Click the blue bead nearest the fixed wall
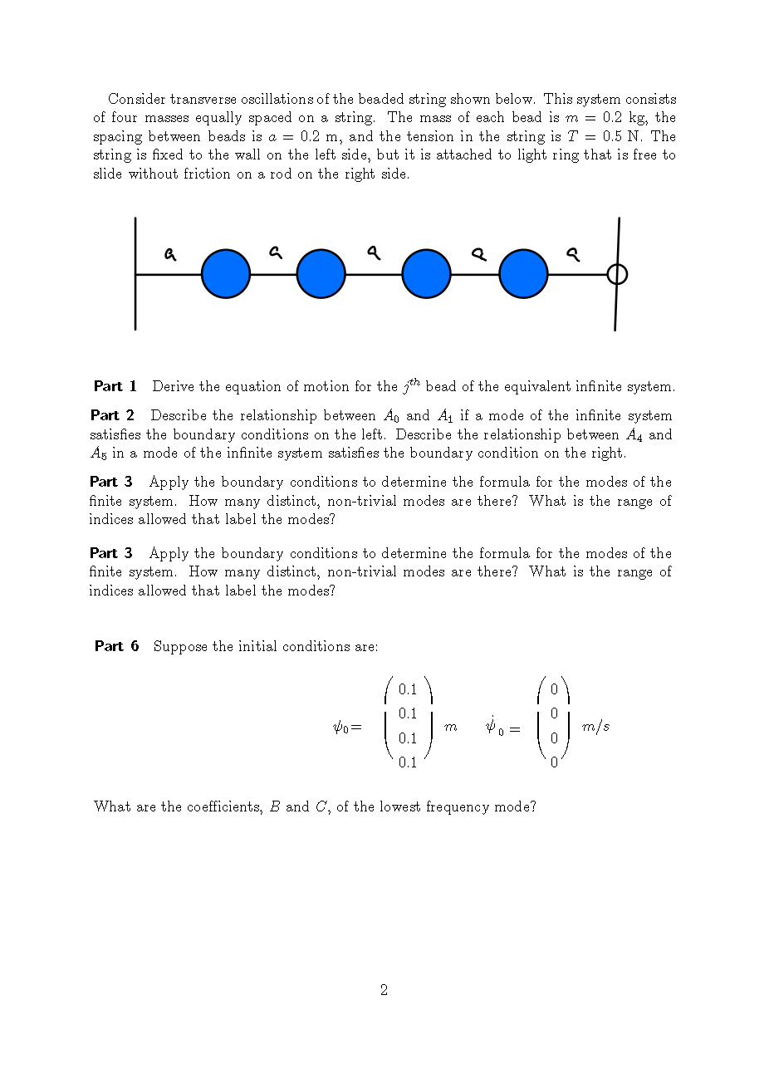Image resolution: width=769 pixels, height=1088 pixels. point(226,273)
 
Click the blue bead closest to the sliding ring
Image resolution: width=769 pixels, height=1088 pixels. point(523,273)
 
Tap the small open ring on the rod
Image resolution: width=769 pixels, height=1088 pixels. point(617,273)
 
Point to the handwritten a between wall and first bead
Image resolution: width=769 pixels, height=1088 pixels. point(170,253)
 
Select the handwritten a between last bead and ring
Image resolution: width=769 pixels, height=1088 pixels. point(572,254)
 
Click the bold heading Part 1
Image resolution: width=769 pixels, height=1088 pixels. point(115,386)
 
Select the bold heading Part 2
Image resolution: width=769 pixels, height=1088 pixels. point(112,415)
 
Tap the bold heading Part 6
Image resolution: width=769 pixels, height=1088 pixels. point(116,646)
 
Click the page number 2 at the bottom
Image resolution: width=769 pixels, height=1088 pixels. point(384,989)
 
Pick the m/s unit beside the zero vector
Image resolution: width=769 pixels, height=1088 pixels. point(595,727)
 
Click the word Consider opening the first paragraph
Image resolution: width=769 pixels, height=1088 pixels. point(137,99)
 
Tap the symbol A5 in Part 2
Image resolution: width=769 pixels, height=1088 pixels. point(98,453)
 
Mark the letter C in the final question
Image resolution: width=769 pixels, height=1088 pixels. point(321,806)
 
